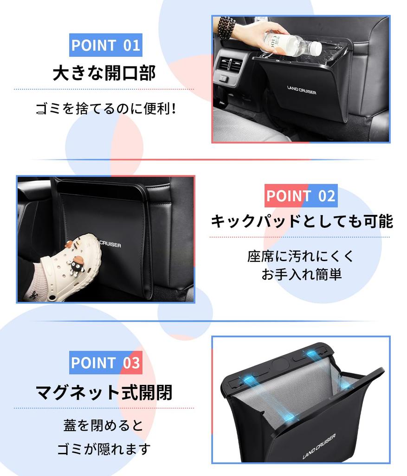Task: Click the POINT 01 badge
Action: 105,45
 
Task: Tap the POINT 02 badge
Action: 301,196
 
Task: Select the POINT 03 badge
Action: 105,363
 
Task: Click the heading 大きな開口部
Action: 104,73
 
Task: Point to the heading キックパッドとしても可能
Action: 302,221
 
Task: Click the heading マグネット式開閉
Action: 104,392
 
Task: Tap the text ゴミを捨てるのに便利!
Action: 106,110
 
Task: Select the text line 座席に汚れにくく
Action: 301,256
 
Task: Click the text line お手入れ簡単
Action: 301,274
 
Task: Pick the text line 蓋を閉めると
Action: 103,425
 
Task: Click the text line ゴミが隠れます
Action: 104,449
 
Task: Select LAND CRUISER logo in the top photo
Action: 302,90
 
